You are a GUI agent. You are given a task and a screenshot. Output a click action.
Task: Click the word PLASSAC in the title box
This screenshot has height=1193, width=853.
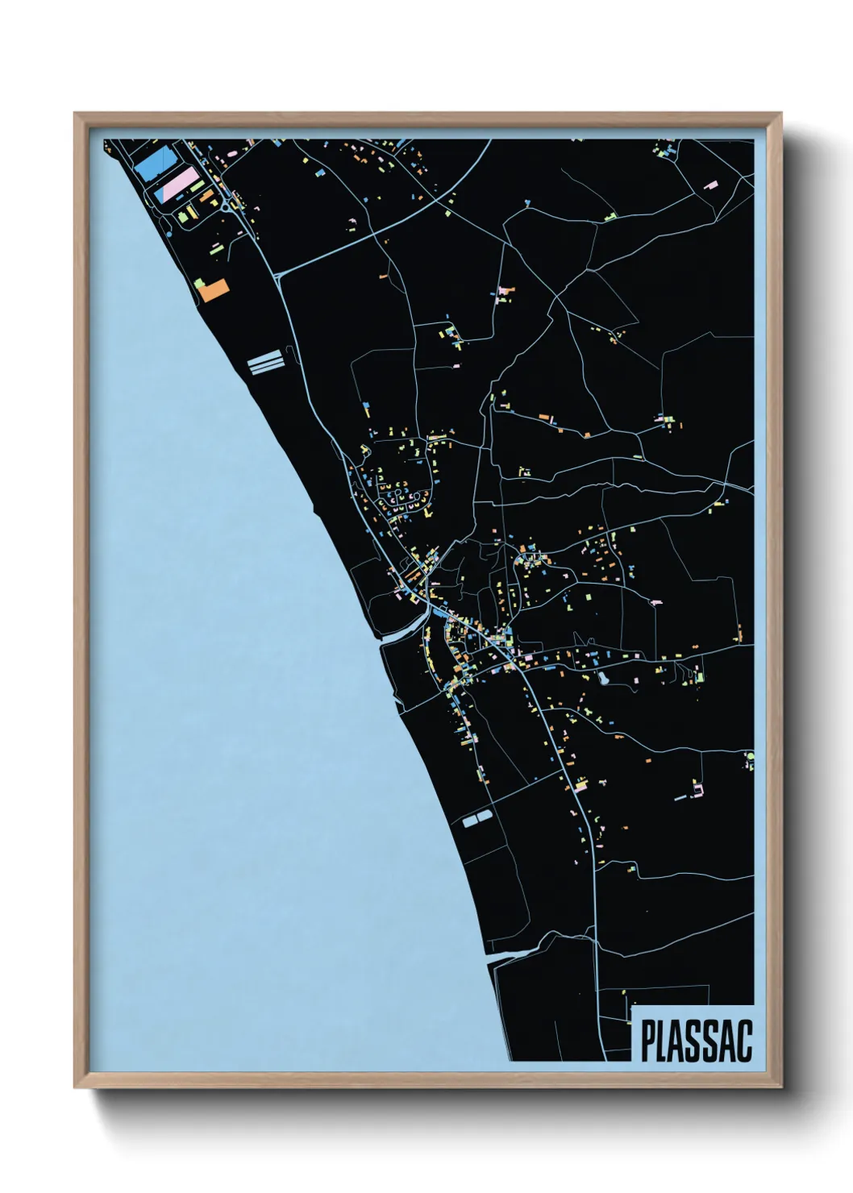coord(697,1041)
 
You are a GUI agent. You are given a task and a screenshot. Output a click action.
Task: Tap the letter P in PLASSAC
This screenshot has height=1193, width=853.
coord(647,1041)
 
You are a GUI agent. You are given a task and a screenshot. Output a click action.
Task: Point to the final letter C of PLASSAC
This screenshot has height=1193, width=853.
coord(744,1041)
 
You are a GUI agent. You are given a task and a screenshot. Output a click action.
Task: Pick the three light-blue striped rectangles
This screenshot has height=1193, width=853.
coord(264,363)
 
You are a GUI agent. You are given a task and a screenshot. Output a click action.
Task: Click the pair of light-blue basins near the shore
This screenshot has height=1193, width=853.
coord(476,820)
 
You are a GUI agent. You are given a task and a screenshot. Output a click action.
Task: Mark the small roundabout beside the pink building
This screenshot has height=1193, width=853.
coord(223,206)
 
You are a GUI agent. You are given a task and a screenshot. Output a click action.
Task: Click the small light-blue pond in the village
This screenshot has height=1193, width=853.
coord(601,679)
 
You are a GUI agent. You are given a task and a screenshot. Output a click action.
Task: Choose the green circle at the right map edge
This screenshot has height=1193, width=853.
coord(749,756)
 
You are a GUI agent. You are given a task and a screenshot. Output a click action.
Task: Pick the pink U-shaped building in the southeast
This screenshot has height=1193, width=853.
coord(698,788)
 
